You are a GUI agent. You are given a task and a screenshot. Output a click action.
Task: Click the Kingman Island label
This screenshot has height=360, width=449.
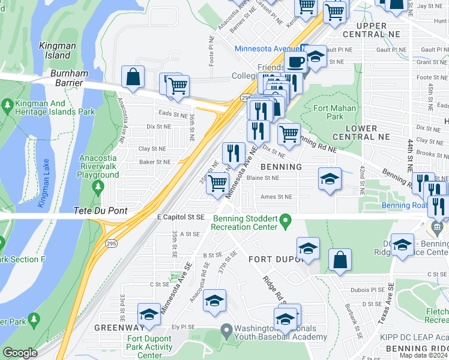point(58,51)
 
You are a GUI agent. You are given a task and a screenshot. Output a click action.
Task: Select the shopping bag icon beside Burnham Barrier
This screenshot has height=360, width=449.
point(133,77)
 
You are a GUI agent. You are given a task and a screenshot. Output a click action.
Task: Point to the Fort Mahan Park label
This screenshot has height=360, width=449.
point(335,113)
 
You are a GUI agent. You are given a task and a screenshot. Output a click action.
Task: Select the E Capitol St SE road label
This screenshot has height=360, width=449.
point(181,217)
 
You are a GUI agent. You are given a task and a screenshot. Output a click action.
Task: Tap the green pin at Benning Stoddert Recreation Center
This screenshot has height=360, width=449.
point(286,222)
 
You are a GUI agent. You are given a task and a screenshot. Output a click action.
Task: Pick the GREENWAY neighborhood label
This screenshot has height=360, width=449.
point(119,328)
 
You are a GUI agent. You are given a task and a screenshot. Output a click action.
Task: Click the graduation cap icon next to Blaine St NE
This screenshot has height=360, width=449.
point(329,179)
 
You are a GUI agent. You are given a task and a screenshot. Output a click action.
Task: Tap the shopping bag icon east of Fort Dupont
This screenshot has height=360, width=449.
point(340,260)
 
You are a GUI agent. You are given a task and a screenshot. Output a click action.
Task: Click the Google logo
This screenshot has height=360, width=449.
point(20,353)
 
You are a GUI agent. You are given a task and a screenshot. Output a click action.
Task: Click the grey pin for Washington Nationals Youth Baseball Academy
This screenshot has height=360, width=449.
point(226,329)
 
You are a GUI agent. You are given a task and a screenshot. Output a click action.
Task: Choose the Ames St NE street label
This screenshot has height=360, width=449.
point(276,197)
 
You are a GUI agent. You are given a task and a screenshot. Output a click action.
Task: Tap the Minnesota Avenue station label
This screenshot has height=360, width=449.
point(267,48)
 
